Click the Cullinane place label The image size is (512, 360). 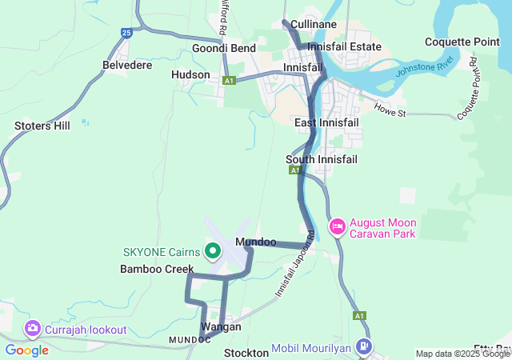(314, 25)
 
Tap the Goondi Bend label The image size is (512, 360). (224, 48)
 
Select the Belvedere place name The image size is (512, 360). (127, 65)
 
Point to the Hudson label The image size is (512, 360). (190, 74)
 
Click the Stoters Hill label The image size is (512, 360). (42, 126)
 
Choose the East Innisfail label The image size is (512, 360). (326, 122)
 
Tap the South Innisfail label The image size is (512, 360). (322, 159)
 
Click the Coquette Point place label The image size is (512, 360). (462, 42)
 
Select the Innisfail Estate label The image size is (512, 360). (344, 47)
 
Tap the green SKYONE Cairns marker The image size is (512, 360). (213, 251)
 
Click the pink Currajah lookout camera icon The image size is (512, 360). (33, 328)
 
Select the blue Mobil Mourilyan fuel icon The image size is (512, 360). (365, 346)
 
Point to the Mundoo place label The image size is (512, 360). (256, 242)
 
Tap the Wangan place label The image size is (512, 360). (222, 327)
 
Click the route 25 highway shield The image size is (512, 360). (126, 33)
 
